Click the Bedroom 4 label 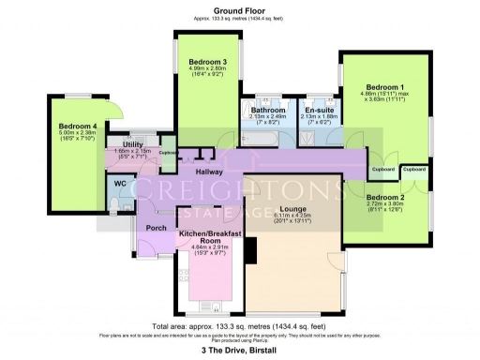tap(78, 126)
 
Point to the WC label tap(120, 183)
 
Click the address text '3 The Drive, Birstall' tap(239, 350)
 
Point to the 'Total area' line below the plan tap(239, 325)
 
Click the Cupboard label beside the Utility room tap(168, 152)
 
